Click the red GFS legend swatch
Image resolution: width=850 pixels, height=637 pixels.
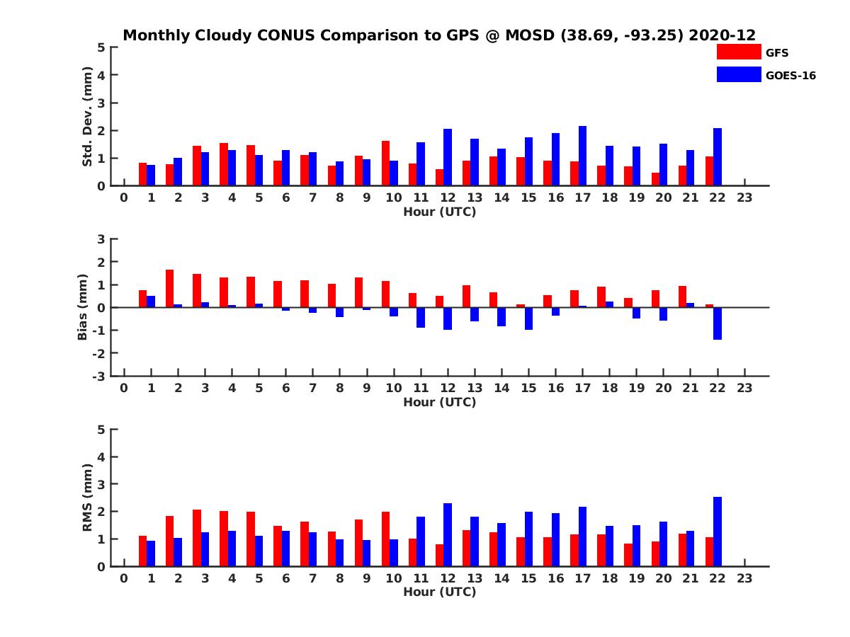click(738, 52)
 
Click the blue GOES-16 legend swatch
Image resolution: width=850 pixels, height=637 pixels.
click(738, 74)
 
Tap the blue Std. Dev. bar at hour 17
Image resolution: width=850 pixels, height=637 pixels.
click(583, 156)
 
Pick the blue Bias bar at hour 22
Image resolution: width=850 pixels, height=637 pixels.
click(718, 323)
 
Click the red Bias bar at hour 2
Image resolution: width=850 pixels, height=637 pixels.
click(170, 288)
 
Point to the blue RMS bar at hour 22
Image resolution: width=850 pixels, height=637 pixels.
click(718, 532)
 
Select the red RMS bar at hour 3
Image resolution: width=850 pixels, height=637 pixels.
click(197, 538)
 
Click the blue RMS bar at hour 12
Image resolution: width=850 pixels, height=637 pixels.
click(448, 534)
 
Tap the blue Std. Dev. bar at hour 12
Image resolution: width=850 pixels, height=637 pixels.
click(448, 157)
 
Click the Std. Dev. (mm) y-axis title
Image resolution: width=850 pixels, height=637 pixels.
click(88, 116)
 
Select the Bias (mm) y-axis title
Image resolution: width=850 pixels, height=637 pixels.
click(84, 306)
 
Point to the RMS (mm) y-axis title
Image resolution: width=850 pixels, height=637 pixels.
click(88, 498)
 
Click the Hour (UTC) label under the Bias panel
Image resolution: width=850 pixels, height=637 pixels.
click(439, 402)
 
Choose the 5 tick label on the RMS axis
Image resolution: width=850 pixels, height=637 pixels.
click(102, 429)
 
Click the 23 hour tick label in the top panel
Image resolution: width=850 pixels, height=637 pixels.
click(744, 198)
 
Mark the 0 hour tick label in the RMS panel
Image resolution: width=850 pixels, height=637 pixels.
click(124, 579)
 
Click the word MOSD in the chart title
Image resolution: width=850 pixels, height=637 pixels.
click(531, 35)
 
